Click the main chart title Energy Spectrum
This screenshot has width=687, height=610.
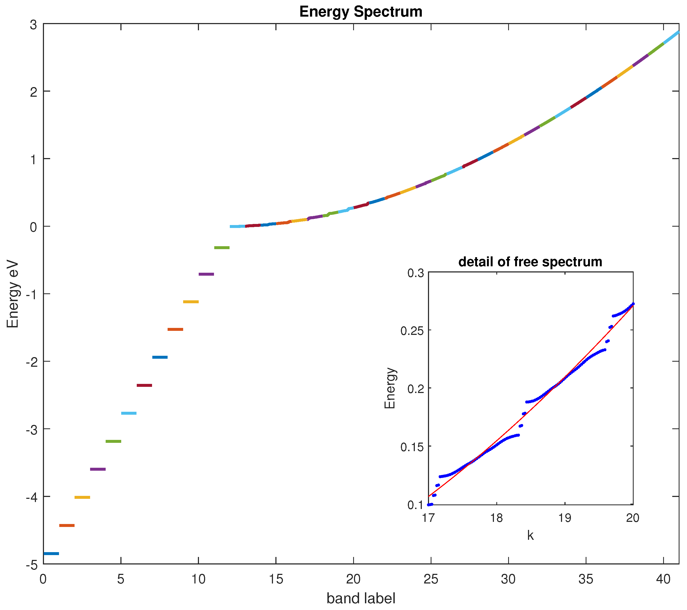coord(361,12)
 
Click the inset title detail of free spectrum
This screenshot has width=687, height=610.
coord(530,261)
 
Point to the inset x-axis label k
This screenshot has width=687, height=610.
coord(530,535)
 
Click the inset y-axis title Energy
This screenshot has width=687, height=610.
coord(390,388)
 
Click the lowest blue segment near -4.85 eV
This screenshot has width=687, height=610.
coord(51,553)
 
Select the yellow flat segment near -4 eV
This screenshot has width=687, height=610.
coord(82,497)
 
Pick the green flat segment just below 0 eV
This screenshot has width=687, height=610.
coord(222,248)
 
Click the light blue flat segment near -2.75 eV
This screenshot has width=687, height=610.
coord(129,413)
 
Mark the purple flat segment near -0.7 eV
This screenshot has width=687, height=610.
coord(206,274)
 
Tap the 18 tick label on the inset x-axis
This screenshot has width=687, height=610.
coord(496,518)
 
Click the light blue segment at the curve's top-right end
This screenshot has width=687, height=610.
coord(671,37)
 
